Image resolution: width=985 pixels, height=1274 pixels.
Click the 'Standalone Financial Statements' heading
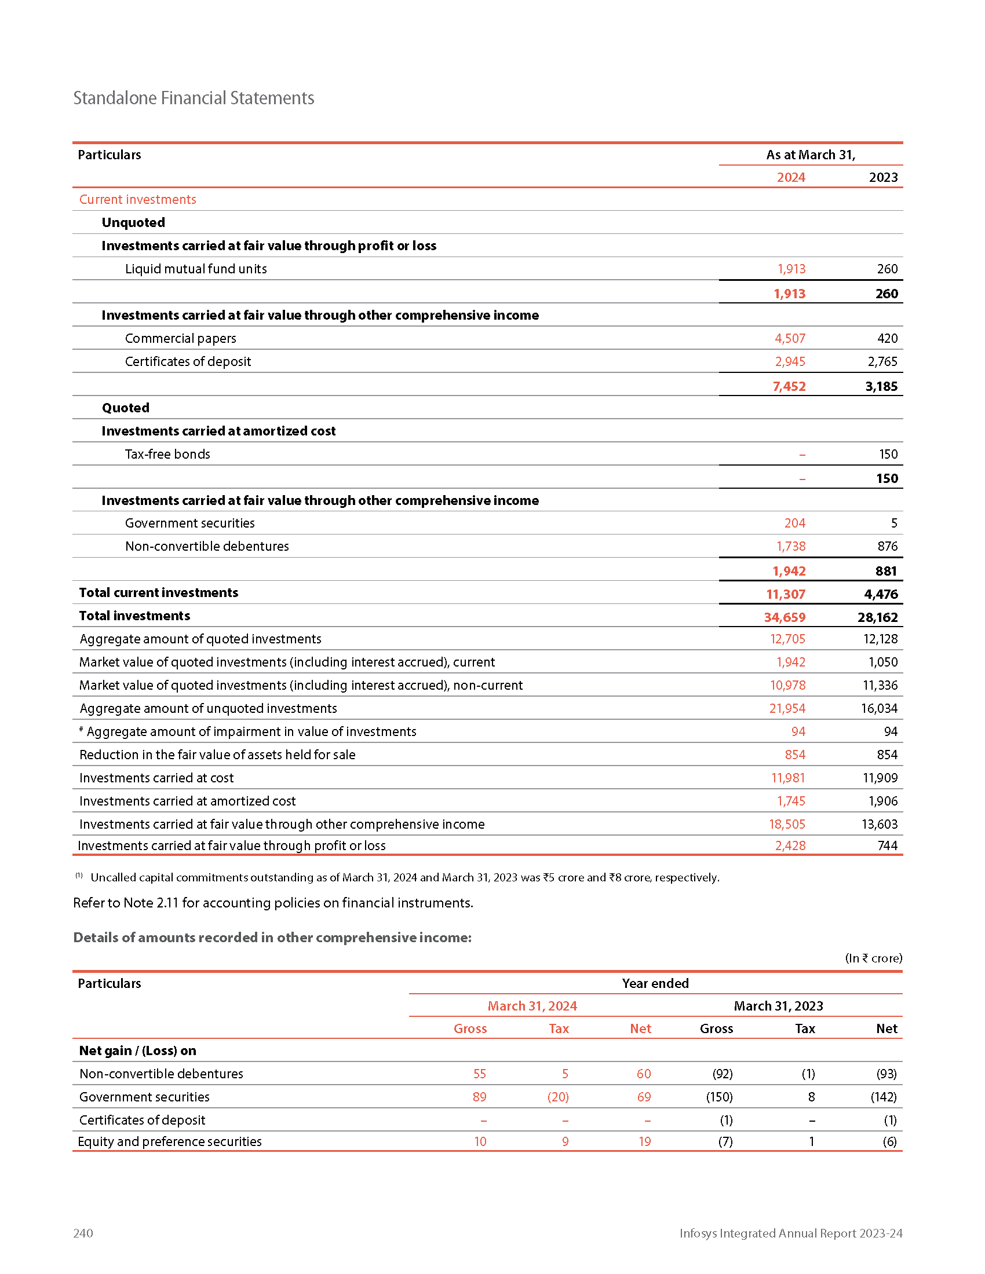click(193, 98)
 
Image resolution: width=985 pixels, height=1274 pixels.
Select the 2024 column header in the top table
click(790, 177)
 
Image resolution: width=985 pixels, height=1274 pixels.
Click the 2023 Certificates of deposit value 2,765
click(882, 362)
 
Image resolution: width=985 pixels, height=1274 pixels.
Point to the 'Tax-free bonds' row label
click(167, 454)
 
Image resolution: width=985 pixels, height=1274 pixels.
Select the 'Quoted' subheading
click(126, 408)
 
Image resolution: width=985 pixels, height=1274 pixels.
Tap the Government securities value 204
click(794, 523)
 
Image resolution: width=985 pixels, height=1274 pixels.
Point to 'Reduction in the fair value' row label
click(217, 755)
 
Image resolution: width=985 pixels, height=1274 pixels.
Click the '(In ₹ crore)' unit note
click(873, 958)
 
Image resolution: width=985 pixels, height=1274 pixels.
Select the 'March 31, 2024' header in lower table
click(531, 1006)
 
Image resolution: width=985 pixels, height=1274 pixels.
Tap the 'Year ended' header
click(655, 983)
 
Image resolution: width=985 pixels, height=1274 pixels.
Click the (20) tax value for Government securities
click(557, 1097)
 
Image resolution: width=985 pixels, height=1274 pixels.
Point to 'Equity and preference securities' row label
click(170, 1141)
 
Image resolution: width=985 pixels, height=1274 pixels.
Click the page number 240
click(83, 1233)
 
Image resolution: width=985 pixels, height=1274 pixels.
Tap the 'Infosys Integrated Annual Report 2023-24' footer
click(790, 1233)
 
